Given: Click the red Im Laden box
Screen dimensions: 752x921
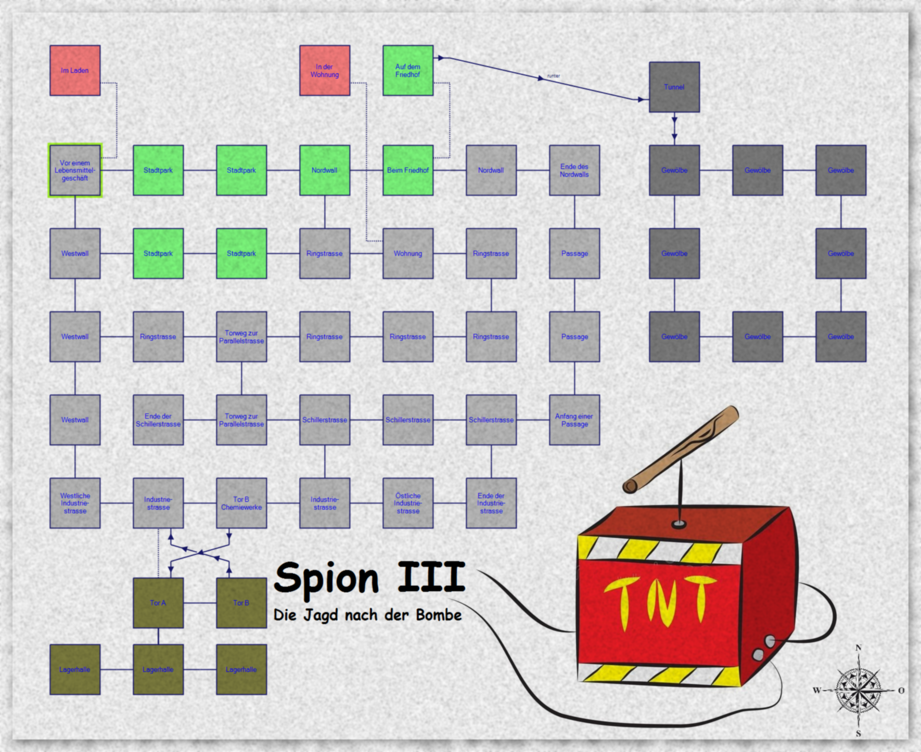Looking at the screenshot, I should pyautogui.click(x=75, y=70).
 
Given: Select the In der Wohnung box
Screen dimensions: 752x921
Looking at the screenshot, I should pyautogui.click(x=325, y=70).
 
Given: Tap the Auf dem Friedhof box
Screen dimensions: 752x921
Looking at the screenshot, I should pyautogui.click(x=408, y=70).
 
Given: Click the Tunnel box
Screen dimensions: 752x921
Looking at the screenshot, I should pyautogui.click(x=674, y=87).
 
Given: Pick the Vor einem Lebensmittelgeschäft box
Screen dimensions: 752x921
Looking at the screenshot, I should pyautogui.click(x=75, y=170).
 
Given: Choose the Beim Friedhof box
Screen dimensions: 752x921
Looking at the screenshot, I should pyautogui.click(x=408, y=170).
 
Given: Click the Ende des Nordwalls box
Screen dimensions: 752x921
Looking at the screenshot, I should pyautogui.click(x=574, y=170).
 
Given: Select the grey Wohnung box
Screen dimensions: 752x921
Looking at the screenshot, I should pyautogui.click(x=408, y=253).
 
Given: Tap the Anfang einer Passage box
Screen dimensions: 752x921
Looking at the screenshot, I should pyautogui.click(x=574, y=420).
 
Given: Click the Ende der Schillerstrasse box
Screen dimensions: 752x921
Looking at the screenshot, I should pyautogui.click(x=158, y=420).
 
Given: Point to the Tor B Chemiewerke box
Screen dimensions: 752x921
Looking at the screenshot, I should pyautogui.click(x=241, y=503).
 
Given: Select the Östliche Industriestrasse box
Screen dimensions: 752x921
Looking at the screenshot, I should pyautogui.click(x=408, y=503).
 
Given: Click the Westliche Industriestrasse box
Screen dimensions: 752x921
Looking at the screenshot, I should pyautogui.click(x=75, y=503).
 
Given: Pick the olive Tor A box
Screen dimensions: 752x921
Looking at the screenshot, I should pyautogui.click(x=158, y=603).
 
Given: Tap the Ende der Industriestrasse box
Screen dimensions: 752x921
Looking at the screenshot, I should pyautogui.click(x=491, y=503).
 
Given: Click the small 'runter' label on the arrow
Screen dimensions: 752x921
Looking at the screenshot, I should pyautogui.click(x=554, y=76).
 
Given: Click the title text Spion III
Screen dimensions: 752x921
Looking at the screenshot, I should pyautogui.click(x=369, y=577).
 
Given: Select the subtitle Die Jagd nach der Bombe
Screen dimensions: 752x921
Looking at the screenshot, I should pyautogui.click(x=367, y=615).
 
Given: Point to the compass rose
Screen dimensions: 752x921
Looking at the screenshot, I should pyautogui.click(x=859, y=691).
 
